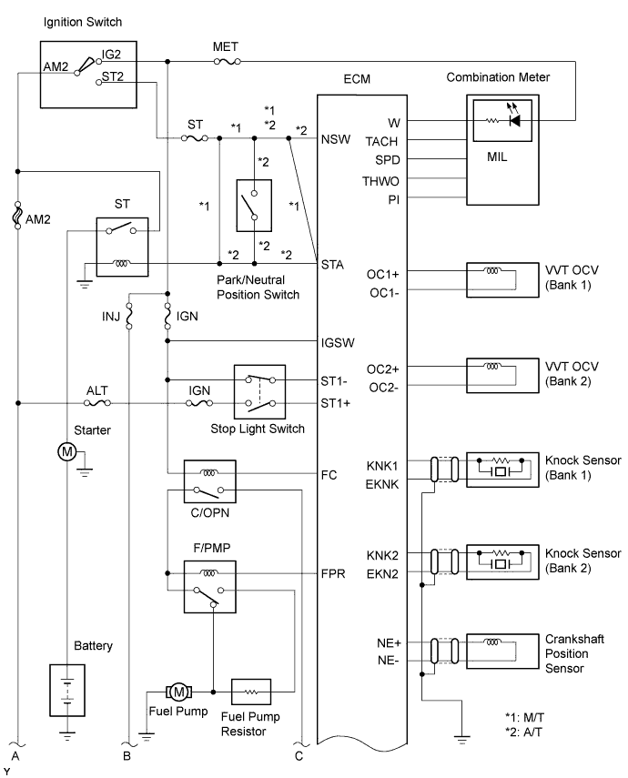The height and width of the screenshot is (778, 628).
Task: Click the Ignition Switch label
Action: coord(82,21)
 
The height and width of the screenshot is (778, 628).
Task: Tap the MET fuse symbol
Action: coord(227,62)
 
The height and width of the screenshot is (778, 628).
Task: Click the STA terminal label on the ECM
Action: coord(331,265)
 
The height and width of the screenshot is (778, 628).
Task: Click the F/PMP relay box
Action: coord(209,585)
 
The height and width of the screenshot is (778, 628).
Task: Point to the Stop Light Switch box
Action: coord(260,390)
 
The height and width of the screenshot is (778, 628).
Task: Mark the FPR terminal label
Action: coord(333,574)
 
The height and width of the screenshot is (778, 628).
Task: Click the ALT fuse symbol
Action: coord(97,402)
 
